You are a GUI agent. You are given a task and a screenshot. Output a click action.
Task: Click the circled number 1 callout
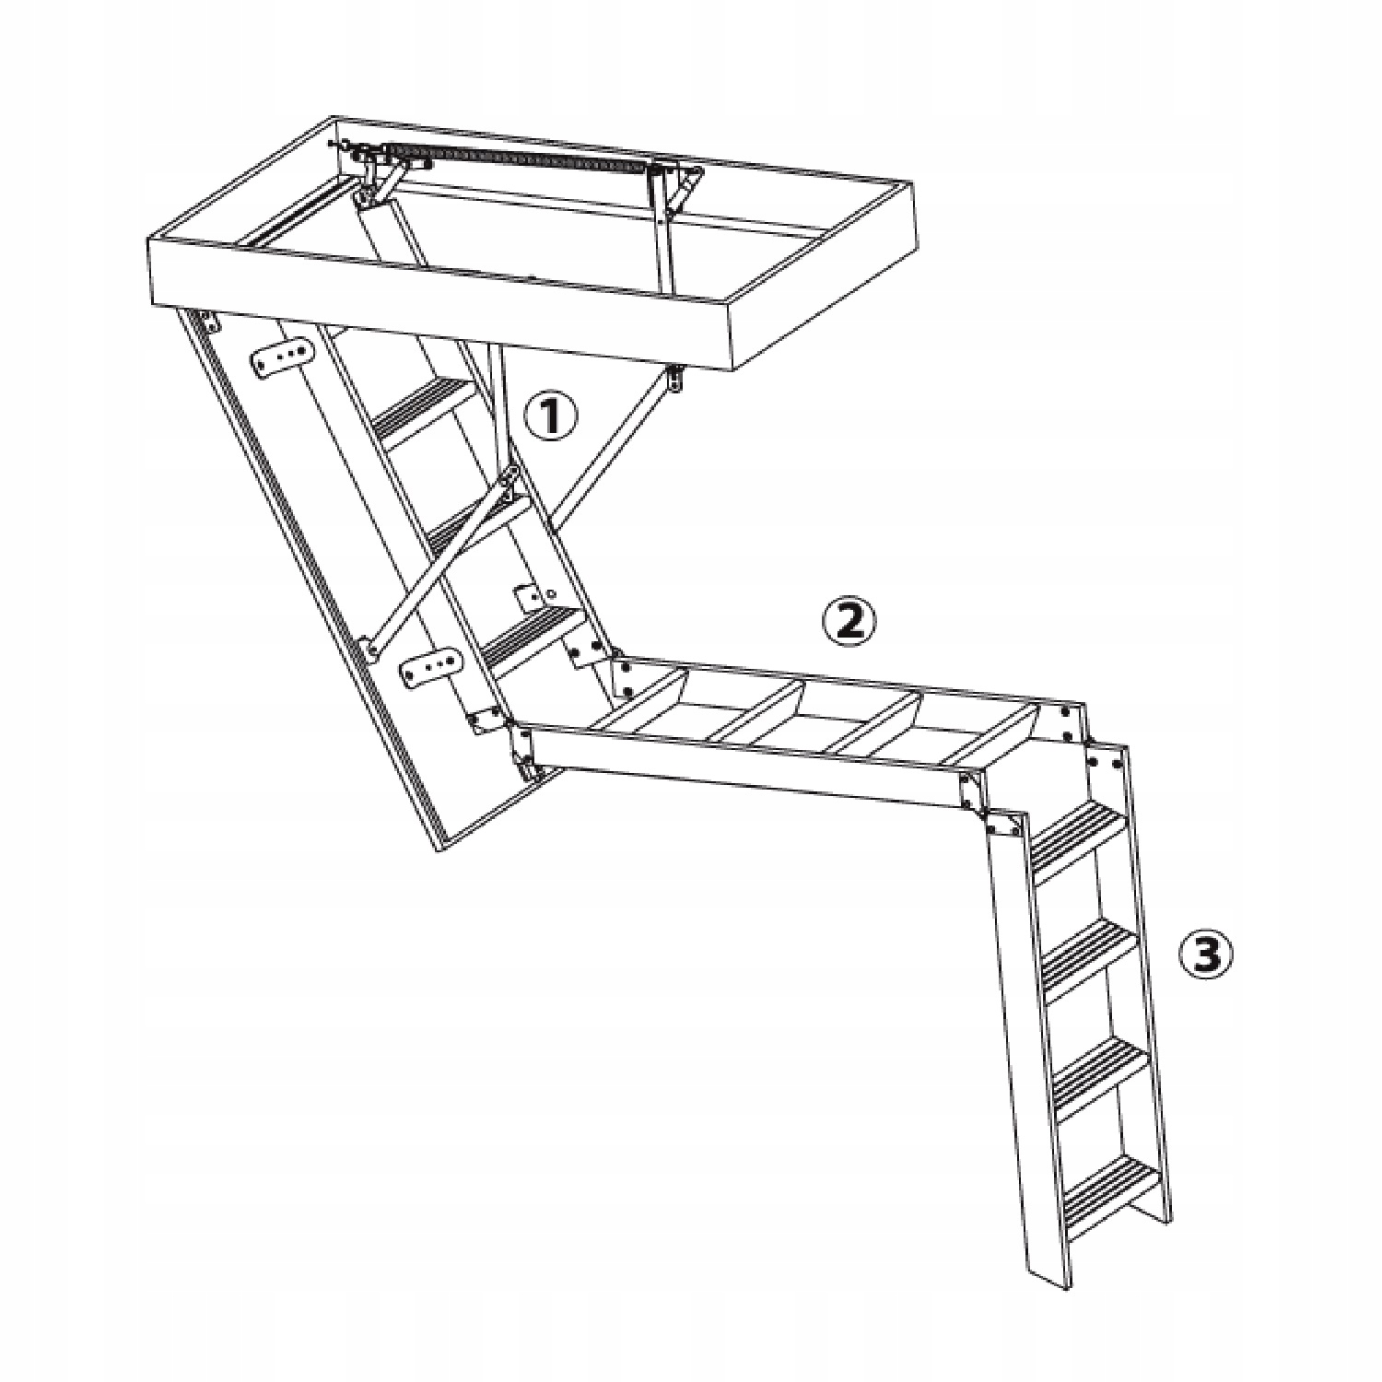point(552,418)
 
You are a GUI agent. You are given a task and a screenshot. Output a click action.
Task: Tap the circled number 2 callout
point(848,623)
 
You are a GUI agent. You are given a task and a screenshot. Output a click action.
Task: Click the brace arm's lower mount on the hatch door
point(371,647)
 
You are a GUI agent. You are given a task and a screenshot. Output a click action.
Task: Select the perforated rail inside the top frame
point(516,156)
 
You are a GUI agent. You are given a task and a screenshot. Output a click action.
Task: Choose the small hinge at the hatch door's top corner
point(205,320)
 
